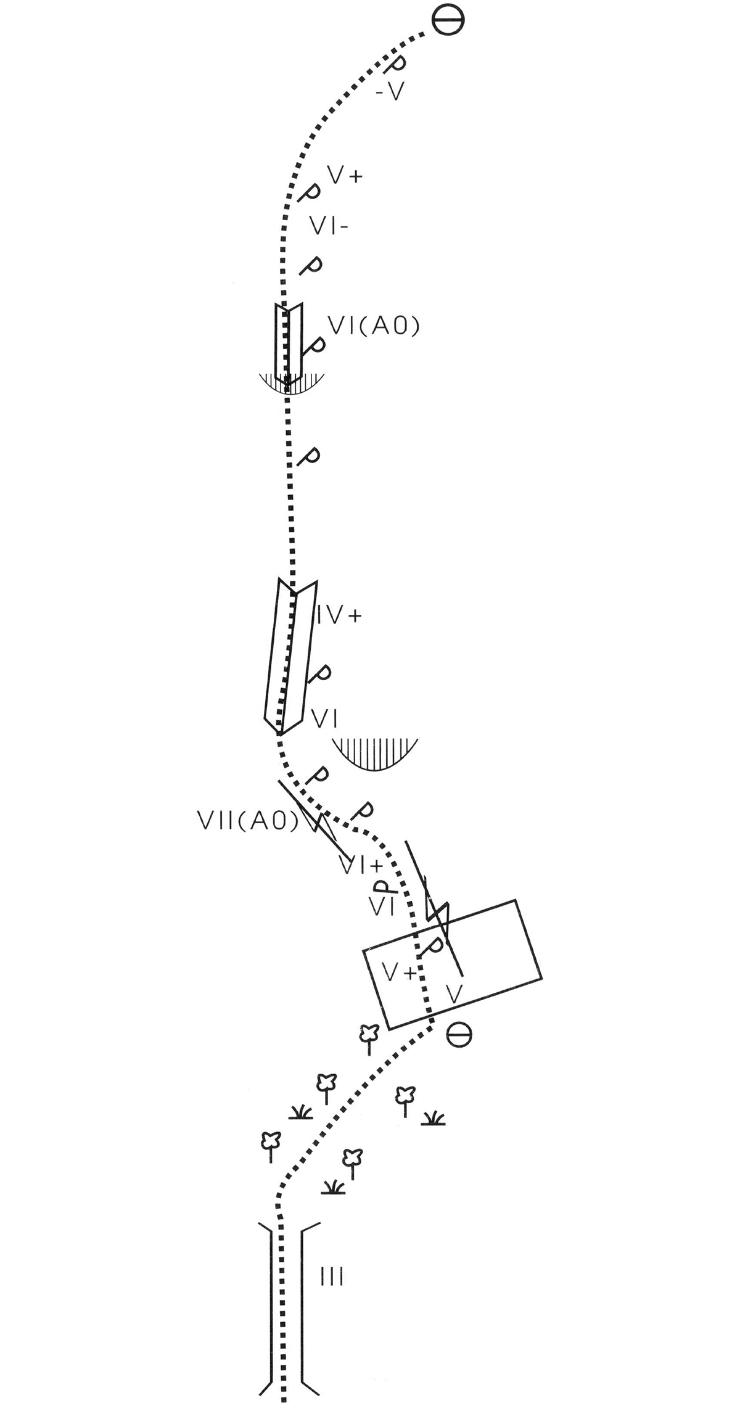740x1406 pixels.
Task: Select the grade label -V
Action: pyautogui.click(x=390, y=92)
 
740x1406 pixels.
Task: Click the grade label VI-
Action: pyautogui.click(x=329, y=227)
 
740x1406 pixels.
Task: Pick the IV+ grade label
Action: pyautogui.click(x=339, y=615)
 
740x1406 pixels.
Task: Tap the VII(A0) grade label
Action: pyautogui.click(x=247, y=820)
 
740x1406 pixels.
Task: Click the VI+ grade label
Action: pyautogui.click(x=362, y=866)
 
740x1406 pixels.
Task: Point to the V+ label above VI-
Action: pyautogui.click(x=345, y=176)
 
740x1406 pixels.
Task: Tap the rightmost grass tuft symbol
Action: pyautogui.click(x=434, y=1118)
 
